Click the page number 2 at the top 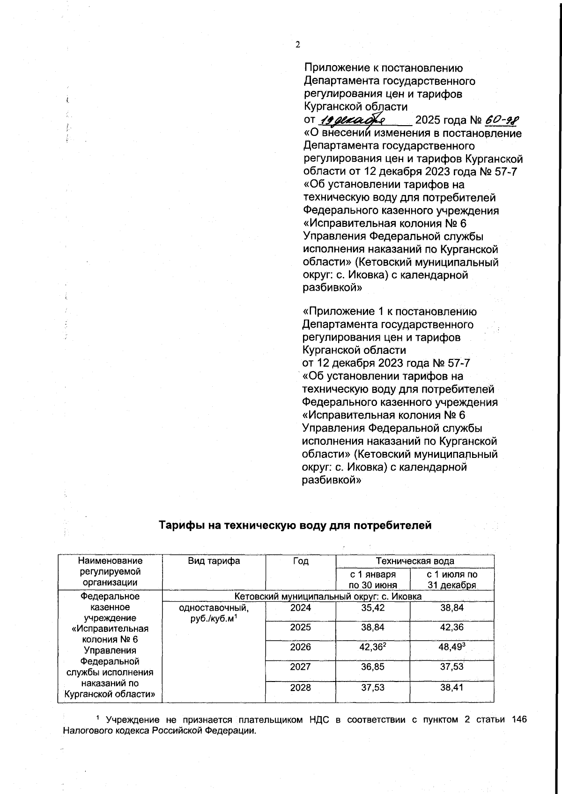297,45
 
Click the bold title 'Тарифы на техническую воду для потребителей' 295,525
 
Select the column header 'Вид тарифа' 214,561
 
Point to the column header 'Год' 300,561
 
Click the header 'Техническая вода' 414,561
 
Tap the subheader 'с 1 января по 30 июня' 373,579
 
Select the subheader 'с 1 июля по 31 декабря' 451,579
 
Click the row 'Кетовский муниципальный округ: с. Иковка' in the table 328,596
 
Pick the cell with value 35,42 373,608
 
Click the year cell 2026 300,647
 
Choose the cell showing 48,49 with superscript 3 451,647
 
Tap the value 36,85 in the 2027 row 373,667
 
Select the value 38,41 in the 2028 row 451,688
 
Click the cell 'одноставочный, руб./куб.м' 214,613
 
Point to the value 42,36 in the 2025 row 451,628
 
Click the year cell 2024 300,608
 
